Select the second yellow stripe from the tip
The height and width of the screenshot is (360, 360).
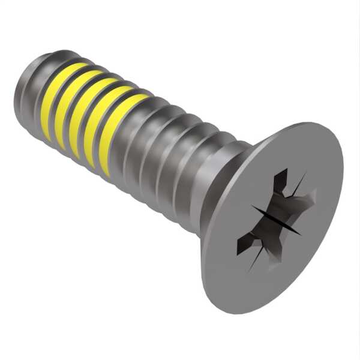coord(68,108)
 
